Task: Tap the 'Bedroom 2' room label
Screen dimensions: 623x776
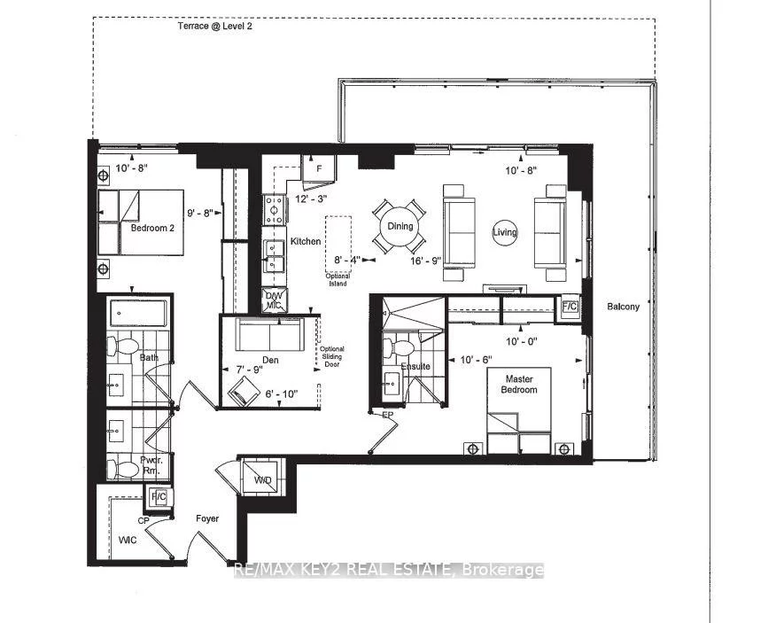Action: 153,227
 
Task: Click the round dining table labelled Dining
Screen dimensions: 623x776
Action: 400,226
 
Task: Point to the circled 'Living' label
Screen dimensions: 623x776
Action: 505,232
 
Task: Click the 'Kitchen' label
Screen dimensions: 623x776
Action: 306,241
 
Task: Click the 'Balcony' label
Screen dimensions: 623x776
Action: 624,307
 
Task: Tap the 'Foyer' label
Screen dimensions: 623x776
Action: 207,518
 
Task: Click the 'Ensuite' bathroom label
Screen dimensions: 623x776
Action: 415,366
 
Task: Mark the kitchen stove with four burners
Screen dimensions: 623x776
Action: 273,210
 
